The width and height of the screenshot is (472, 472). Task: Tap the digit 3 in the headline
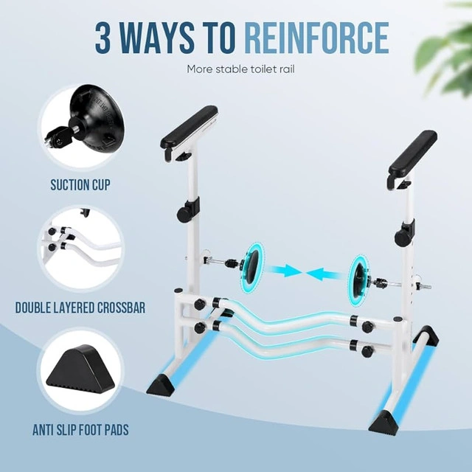pyautogui.click(x=103, y=38)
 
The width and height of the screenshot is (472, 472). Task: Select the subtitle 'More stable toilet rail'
pyautogui.click(x=240, y=69)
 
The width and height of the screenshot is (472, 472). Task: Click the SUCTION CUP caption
pyautogui.click(x=80, y=185)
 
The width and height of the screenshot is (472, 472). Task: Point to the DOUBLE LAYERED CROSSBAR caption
pyautogui.click(x=80, y=308)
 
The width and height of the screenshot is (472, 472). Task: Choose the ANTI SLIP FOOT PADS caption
pyautogui.click(x=80, y=429)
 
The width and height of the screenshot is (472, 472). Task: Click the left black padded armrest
pyautogui.click(x=189, y=128)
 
